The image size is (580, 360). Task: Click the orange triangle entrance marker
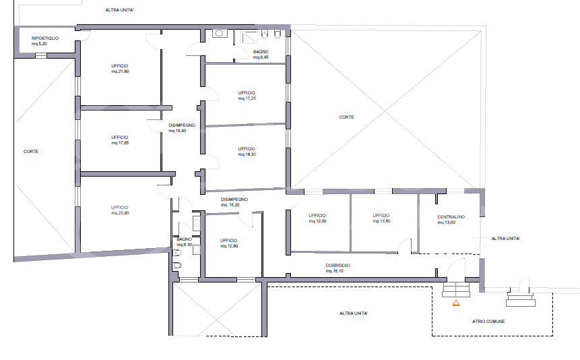pyautogui.click(x=455, y=303)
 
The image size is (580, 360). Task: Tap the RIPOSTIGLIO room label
pyautogui.click(x=44, y=38)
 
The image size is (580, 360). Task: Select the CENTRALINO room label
pyautogui.click(x=451, y=217)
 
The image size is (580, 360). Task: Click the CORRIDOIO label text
pyautogui.click(x=337, y=266)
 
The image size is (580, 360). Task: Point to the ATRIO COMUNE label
pyautogui.click(x=488, y=322)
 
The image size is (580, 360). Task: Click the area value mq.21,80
pyautogui.click(x=120, y=71)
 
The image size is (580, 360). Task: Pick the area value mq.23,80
pyautogui.click(x=120, y=213)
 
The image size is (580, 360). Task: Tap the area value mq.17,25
pyautogui.click(x=247, y=98)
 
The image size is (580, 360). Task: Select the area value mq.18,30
pyautogui.click(x=247, y=154)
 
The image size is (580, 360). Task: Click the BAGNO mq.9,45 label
pyautogui.click(x=261, y=55)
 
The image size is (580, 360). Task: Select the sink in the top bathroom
pyautogui.click(x=219, y=33)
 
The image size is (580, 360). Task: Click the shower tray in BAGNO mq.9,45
pyautogui.click(x=249, y=37)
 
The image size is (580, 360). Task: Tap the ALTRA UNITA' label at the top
pyautogui.click(x=119, y=10)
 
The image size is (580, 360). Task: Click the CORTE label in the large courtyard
pyautogui.click(x=347, y=117)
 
